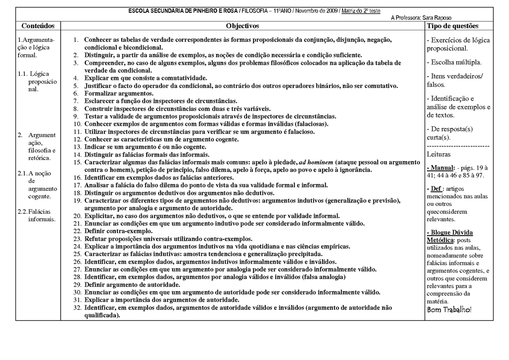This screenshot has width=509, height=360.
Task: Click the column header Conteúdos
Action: pos(38,25)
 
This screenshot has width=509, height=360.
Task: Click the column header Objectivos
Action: pos(243,25)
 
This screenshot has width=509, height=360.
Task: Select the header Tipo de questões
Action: pos(453,25)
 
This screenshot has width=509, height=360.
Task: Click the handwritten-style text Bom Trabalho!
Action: pos(449,310)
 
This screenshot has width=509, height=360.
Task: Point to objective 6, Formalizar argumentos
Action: pos(119,93)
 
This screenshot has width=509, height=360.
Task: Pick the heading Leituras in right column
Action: pos(439,155)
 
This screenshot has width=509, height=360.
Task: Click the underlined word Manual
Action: pos(442,168)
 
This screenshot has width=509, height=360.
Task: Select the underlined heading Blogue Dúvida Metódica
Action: pos(450,236)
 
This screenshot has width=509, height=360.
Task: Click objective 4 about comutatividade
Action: pos(145,78)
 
